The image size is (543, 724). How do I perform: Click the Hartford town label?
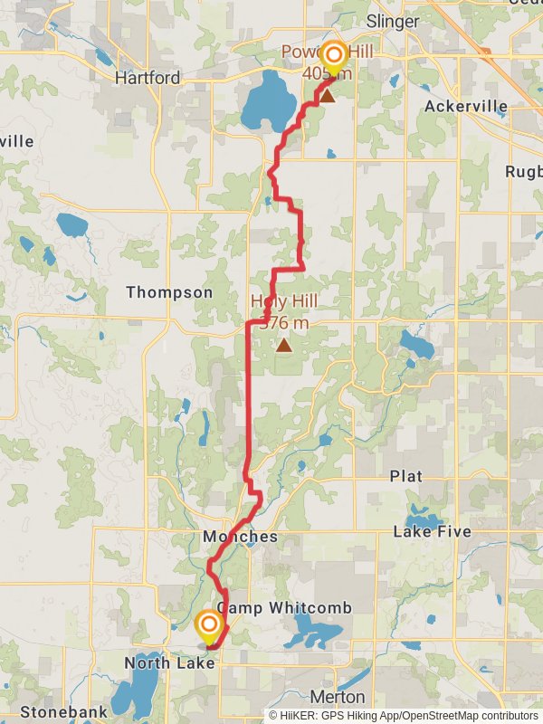(148, 78)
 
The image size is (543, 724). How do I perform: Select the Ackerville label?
(465, 106)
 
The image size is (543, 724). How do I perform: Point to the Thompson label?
(169, 292)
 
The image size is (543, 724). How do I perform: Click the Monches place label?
(240, 537)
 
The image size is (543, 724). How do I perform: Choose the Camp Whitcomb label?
(285, 607)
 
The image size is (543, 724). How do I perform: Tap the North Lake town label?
(170, 663)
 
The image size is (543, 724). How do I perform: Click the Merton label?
(337, 697)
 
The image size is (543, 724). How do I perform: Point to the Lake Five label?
(432, 532)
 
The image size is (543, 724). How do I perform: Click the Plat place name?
(405, 476)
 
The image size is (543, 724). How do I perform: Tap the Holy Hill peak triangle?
(284, 345)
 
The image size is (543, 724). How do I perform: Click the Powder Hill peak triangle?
(327, 95)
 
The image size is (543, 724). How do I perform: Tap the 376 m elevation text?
(284, 322)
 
